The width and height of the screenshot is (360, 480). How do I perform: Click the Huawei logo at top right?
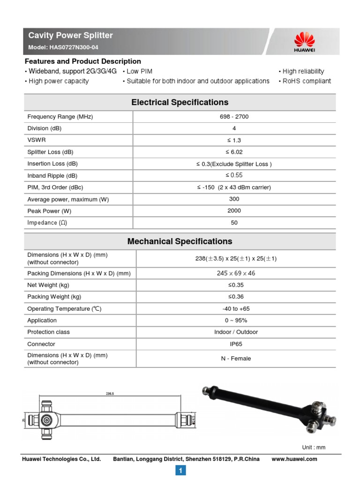304,41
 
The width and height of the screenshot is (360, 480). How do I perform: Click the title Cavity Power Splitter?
70,36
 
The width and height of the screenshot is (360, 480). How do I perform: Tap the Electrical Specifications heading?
180,102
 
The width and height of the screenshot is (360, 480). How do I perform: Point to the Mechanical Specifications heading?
180,241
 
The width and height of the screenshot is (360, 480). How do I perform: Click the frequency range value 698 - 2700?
234,117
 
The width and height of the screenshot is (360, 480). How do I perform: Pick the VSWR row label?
37,140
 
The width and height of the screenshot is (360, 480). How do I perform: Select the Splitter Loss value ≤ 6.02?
234,152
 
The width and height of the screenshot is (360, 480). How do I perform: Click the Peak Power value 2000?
234,211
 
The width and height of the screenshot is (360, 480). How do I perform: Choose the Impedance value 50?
234,223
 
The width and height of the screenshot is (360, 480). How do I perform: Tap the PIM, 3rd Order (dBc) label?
59,187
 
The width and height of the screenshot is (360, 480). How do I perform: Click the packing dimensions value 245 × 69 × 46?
236,273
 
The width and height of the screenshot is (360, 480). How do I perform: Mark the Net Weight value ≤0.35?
236,285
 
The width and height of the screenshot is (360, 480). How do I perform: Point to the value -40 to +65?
236,309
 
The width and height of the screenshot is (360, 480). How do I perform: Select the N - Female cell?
236,359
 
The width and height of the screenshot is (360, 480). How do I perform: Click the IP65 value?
236,344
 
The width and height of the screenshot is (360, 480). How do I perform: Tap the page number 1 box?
180,470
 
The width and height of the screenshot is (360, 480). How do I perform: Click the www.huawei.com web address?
294,459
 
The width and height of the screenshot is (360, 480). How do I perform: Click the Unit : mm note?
314,447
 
